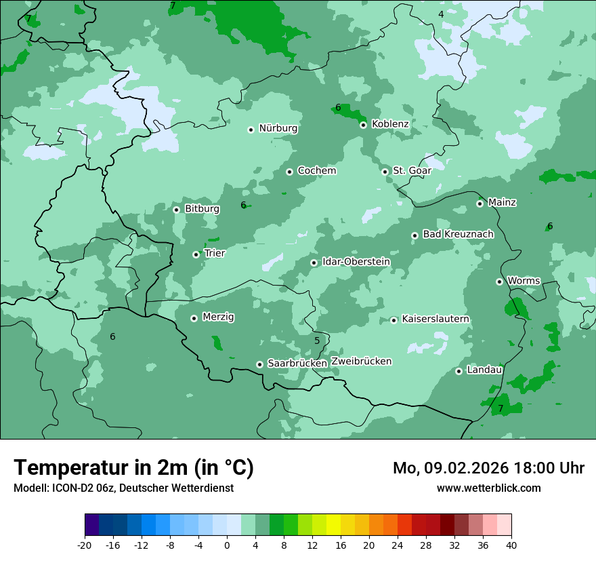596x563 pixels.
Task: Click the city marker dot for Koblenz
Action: coord(364,125)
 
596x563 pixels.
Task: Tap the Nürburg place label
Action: coord(278,128)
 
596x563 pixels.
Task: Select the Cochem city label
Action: coord(316,171)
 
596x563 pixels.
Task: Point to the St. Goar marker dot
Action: coord(385,172)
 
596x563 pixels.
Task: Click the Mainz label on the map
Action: coord(502,202)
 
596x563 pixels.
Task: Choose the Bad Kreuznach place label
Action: coord(458,234)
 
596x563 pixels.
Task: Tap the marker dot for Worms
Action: coord(500,281)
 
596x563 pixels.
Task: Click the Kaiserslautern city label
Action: coord(435,319)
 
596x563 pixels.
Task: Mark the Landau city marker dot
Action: coord(459,371)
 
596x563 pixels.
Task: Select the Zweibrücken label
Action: coord(361,362)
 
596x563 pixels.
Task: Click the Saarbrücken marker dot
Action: coord(259,364)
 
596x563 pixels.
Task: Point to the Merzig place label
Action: coord(218,317)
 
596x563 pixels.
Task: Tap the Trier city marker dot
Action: coord(196,254)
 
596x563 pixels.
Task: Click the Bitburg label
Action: coord(202,209)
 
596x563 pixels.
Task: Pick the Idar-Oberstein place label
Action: coord(356,261)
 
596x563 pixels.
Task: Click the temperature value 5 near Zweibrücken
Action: coord(317,341)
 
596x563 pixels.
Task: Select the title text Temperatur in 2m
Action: coord(134,468)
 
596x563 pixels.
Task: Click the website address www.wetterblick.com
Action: coord(488,488)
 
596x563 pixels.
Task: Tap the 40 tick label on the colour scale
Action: coord(511,545)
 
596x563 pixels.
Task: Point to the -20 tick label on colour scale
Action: coord(85,545)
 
